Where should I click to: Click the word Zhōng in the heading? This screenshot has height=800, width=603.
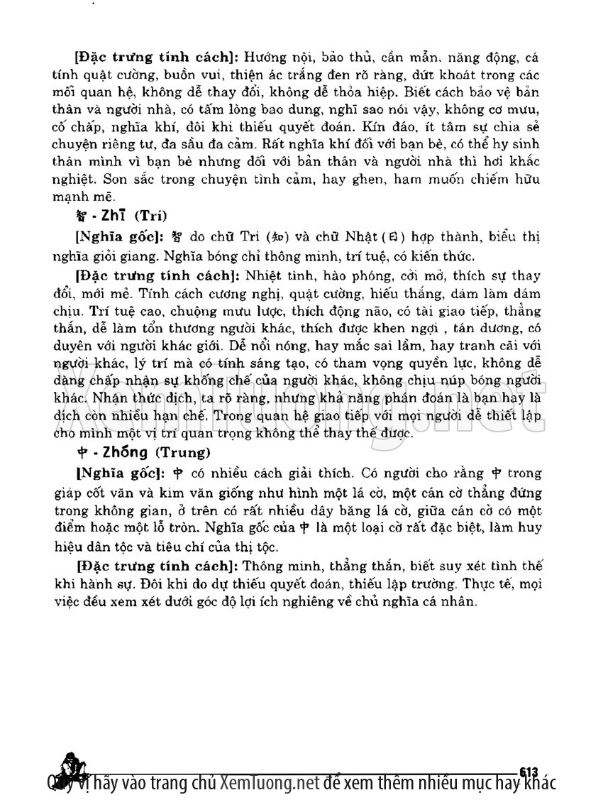tap(112, 451)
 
